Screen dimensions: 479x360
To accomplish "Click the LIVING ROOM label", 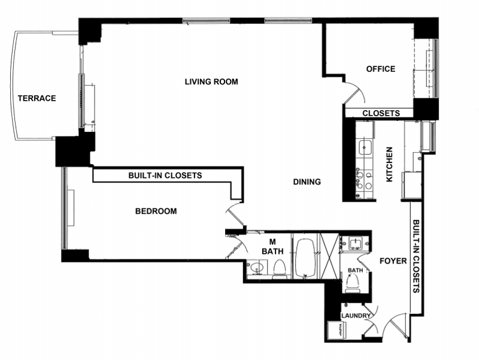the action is pyautogui.click(x=211, y=81).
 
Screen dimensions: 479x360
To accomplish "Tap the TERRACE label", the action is pyautogui.click(x=37, y=98).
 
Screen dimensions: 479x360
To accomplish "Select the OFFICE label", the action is pyautogui.click(x=381, y=69).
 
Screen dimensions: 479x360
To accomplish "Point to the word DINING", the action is pyautogui.click(x=307, y=182).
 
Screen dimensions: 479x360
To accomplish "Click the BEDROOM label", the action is pyautogui.click(x=156, y=211).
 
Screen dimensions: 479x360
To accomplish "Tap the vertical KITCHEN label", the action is pyautogui.click(x=390, y=164).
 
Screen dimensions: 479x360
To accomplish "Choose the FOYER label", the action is pyautogui.click(x=393, y=261).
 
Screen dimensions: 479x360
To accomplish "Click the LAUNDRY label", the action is pyautogui.click(x=356, y=316).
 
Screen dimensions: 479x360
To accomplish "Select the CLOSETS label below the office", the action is pyautogui.click(x=381, y=113).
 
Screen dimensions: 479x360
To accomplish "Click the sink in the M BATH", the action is pyautogui.click(x=257, y=268).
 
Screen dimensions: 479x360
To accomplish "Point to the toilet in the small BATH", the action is pyautogui.click(x=353, y=282).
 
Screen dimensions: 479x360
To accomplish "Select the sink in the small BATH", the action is pyautogui.click(x=354, y=244).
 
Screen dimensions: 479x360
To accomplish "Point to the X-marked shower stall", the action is pyautogui.click(x=329, y=256).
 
